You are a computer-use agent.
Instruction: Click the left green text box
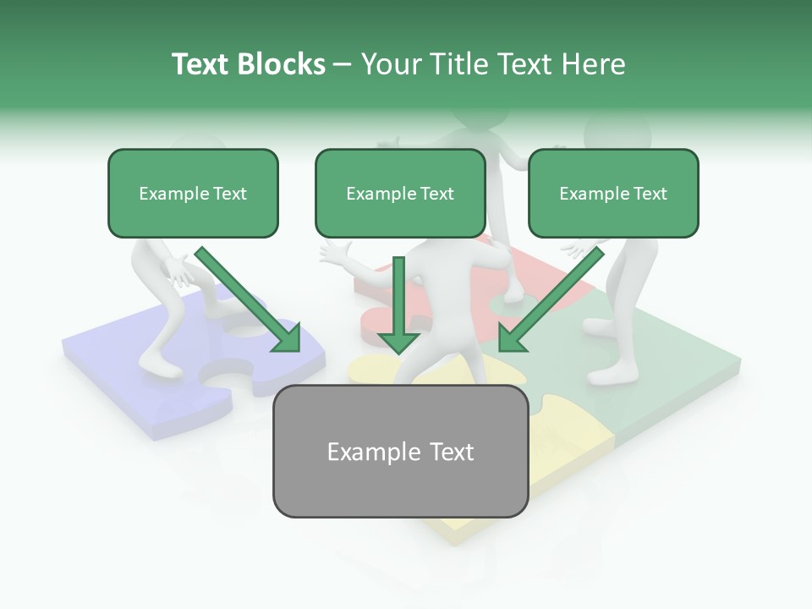193,193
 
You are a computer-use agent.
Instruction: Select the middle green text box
400,193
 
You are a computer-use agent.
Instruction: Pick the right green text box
613,193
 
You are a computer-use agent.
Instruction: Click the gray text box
400,451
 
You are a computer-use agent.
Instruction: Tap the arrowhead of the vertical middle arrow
398,342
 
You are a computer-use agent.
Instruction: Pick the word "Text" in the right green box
649,194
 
